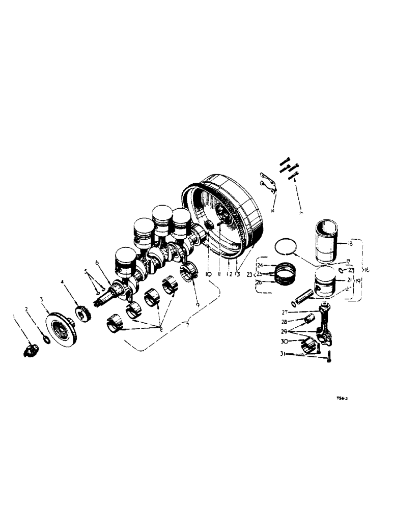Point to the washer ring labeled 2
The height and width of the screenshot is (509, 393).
tap(45, 340)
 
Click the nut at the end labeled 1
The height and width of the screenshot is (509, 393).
tap(30, 350)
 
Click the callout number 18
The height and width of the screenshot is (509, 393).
tap(351, 244)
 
